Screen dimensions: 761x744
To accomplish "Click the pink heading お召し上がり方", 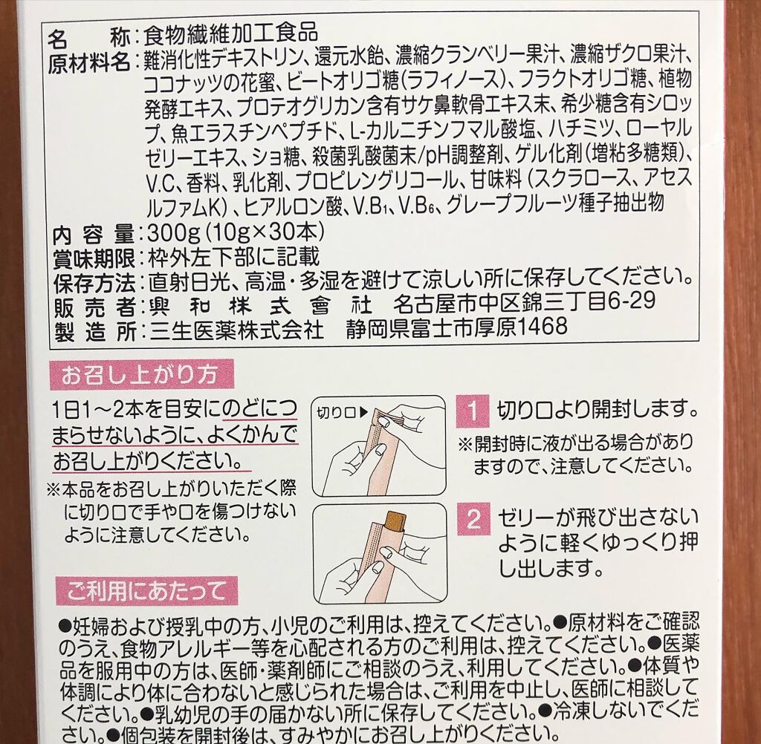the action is tap(141, 374).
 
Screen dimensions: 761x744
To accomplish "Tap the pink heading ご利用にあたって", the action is tap(146, 591).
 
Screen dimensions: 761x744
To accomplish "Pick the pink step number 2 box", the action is tap(473, 519).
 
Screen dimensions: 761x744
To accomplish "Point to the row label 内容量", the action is tap(93, 235).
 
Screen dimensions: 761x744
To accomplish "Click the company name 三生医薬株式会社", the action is tap(237, 330).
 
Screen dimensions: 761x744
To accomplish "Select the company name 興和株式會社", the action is tap(256, 306).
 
